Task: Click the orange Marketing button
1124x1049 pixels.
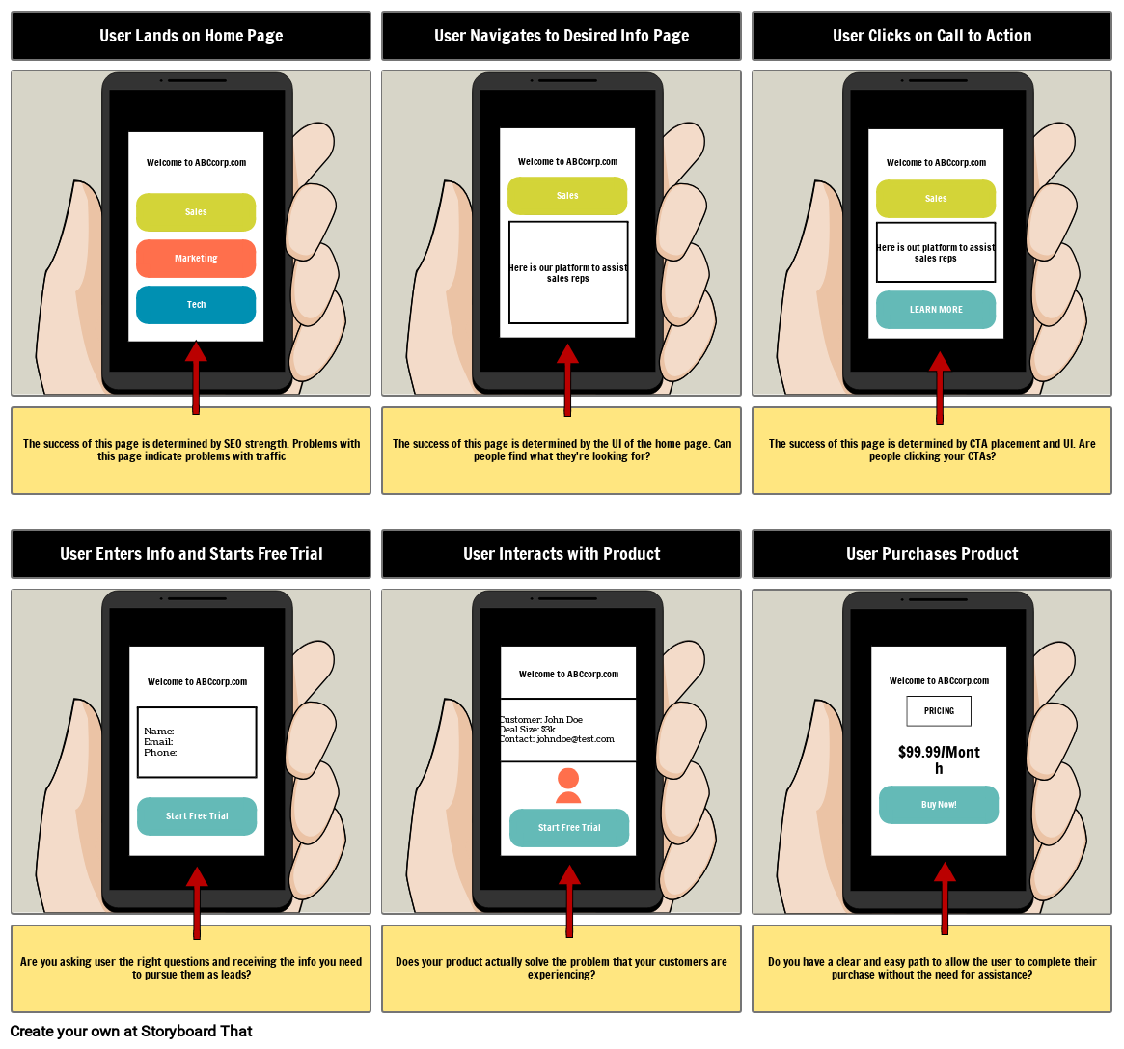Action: (196, 259)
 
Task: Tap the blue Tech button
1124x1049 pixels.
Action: (196, 305)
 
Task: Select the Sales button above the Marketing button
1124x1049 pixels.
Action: (196, 212)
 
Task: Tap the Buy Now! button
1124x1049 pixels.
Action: (938, 805)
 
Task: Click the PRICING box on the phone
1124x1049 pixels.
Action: (939, 711)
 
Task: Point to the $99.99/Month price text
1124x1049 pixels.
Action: (938, 759)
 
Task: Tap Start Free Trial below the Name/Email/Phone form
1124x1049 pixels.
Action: (197, 816)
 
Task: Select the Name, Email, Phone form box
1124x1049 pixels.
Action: (197, 742)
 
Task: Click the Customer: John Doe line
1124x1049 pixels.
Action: (542, 719)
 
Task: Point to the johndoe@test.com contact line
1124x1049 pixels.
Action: (558, 739)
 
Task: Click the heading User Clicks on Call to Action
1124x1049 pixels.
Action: (931, 36)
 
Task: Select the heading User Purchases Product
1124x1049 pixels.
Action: (931, 554)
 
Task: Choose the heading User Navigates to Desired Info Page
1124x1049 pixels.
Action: (562, 36)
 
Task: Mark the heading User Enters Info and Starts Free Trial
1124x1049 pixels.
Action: (191, 554)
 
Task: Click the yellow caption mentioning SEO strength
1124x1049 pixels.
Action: (191, 451)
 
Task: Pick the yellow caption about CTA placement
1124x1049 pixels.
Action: (931, 451)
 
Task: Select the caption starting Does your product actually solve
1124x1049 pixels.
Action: (562, 969)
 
